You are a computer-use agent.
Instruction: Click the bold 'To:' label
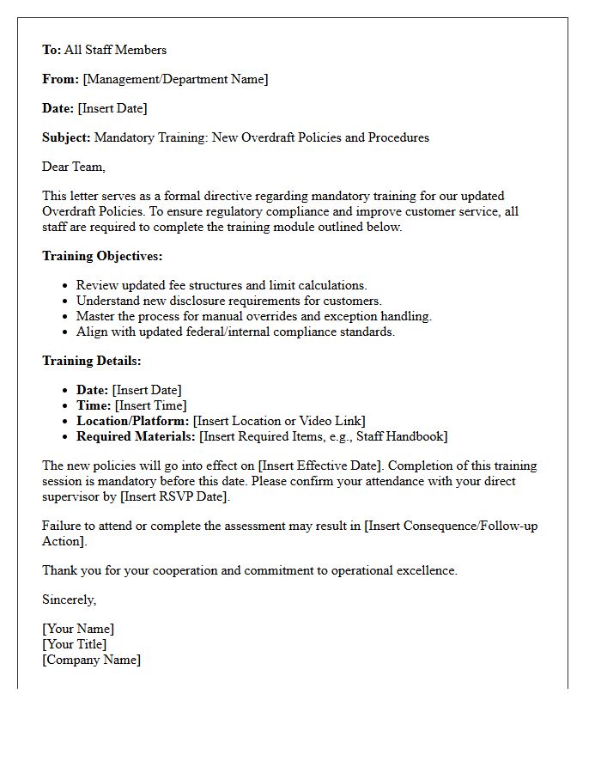point(52,50)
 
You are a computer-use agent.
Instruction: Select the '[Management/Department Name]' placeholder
point(175,79)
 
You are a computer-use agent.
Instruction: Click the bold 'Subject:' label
point(66,137)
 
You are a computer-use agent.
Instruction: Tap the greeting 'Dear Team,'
point(74,167)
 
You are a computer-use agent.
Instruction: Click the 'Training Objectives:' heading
point(102,256)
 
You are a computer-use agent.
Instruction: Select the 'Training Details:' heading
point(92,361)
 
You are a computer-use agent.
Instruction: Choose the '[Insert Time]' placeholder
point(150,405)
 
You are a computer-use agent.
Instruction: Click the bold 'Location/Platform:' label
point(132,421)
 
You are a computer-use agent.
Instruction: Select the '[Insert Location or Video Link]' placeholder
point(279,421)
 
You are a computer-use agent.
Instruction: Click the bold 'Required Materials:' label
point(136,436)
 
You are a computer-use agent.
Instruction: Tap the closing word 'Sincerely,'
point(70,600)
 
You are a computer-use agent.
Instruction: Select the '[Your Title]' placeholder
point(75,644)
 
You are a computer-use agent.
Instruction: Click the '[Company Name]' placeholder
point(91,660)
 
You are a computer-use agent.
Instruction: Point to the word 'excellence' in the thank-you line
point(427,570)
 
